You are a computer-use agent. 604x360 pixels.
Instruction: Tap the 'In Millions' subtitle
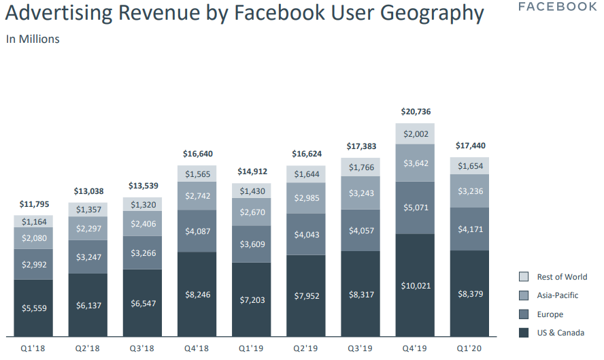(33, 39)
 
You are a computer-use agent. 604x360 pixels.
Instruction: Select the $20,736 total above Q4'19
(415, 112)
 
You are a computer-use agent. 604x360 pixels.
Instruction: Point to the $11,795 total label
(34, 204)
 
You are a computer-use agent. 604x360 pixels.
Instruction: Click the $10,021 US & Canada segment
(415, 285)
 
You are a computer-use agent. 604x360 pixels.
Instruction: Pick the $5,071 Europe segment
(415, 208)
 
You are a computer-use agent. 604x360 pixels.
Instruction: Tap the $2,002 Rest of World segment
(415, 134)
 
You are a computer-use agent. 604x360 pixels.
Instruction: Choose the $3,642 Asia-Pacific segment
(415, 163)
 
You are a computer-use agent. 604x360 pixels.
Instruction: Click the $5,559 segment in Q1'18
(34, 308)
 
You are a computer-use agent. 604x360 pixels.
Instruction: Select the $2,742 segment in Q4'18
(197, 195)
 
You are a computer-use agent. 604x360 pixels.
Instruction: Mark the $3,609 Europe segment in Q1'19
(252, 244)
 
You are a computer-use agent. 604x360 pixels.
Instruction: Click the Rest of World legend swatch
(524, 277)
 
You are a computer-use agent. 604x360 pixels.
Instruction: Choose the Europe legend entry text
(550, 314)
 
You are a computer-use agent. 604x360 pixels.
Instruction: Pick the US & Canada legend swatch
(524, 333)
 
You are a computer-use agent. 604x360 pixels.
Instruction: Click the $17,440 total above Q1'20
(469, 146)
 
